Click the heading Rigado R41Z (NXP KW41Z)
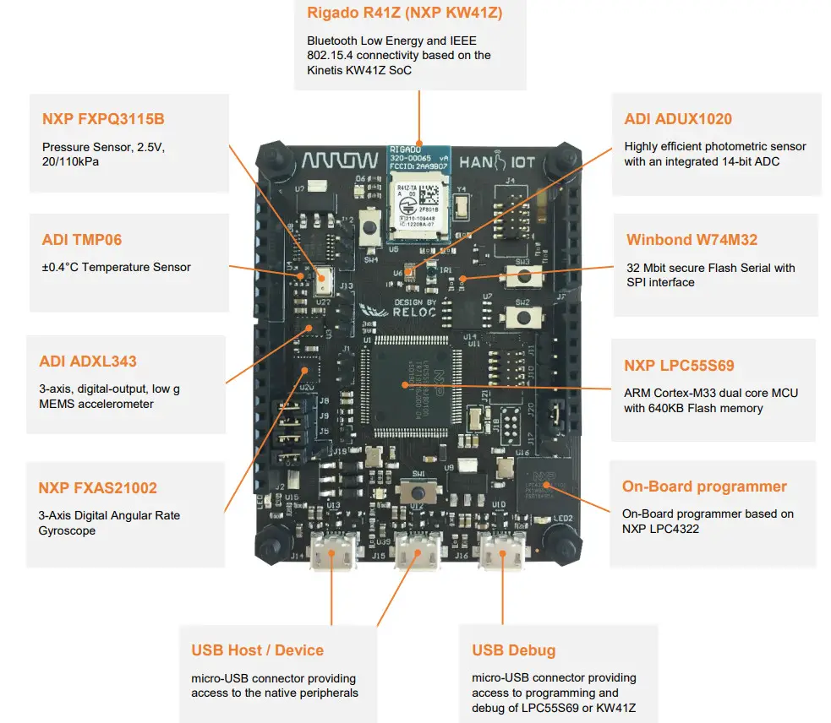pos(405,13)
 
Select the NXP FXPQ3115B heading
pos(103,119)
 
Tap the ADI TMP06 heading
pos(82,240)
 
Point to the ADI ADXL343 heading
pos(88,361)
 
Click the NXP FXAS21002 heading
pos(97,488)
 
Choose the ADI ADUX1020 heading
pos(678,119)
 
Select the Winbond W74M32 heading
pos(692,241)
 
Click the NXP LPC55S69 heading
pos(679,366)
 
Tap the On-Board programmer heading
pos(704,487)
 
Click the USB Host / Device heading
pos(257,650)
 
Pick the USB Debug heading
pos(513,650)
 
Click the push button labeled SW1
pos(417,492)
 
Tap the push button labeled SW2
pos(524,317)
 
